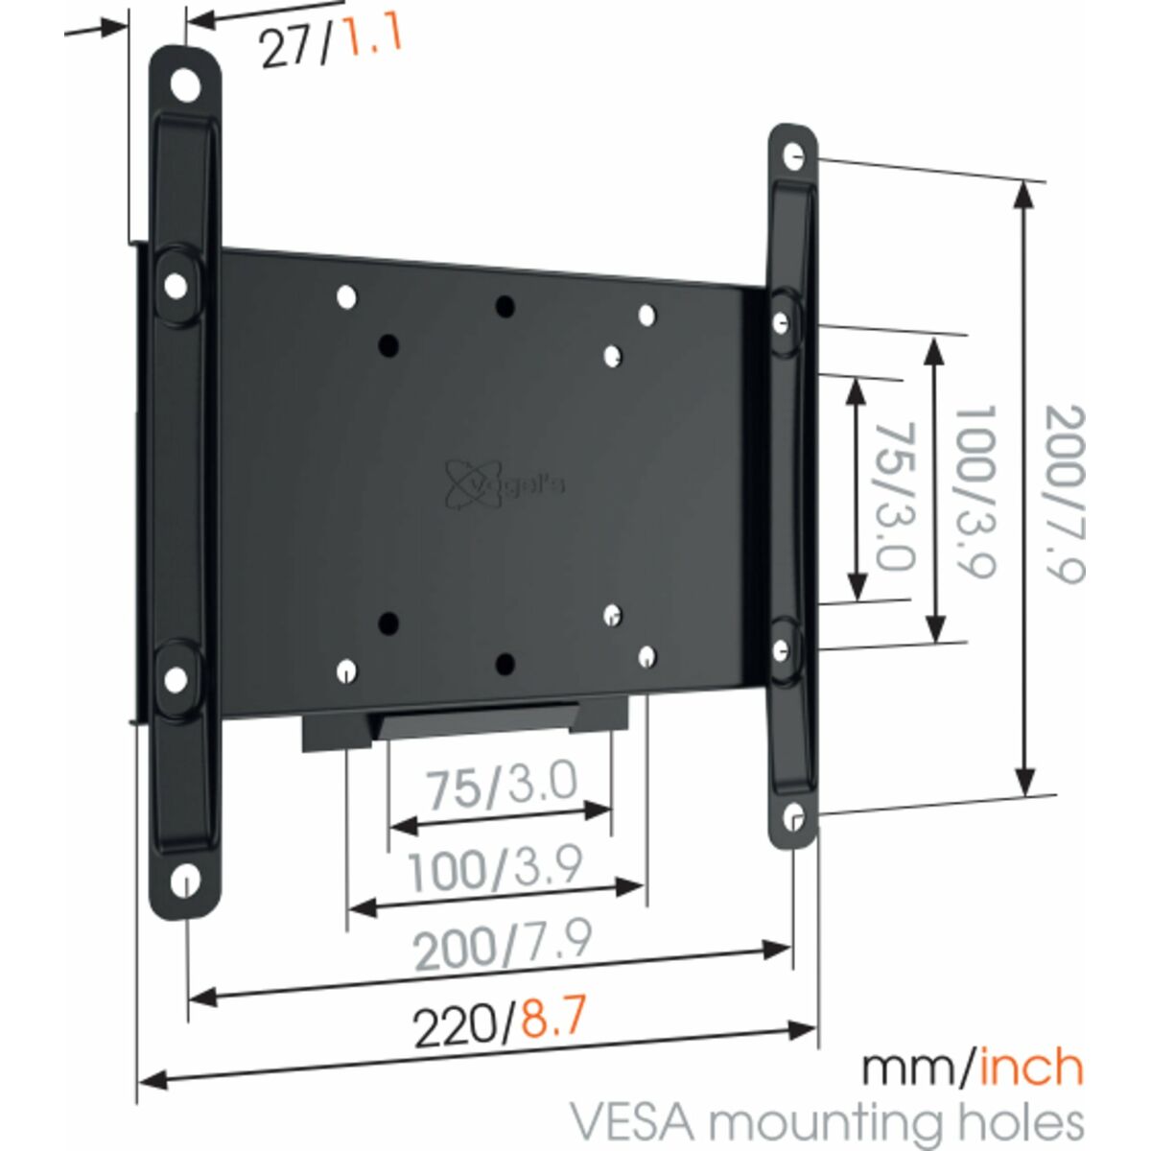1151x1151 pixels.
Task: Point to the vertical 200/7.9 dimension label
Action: [x=1065, y=493]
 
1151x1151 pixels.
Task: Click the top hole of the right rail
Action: [x=792, y=156]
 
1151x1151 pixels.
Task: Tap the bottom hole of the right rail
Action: [x=793, y=817]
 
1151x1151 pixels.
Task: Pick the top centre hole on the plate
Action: [x=504, y=307]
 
